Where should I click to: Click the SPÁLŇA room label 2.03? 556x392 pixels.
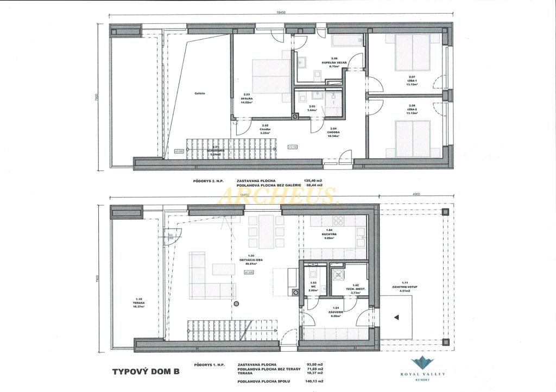(x=248, y=98)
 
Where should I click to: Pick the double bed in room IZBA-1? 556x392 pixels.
(x=413, y=53)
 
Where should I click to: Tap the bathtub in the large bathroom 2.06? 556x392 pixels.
(x=346, y=40)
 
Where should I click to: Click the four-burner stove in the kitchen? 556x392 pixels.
(x=338, y=221)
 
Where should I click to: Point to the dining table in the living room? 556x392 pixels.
(x=267, y=226)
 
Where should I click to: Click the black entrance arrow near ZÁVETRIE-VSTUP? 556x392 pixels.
(x=396, y=317)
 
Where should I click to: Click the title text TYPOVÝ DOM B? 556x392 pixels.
(x=145, y=372)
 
